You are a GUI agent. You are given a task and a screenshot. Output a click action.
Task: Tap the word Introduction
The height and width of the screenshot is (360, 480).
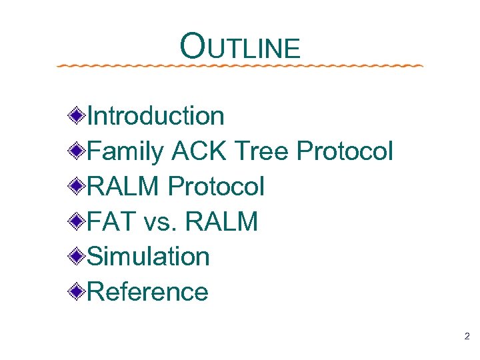point(155,116)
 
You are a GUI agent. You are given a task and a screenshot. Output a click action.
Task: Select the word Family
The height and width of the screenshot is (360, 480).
point(125,151)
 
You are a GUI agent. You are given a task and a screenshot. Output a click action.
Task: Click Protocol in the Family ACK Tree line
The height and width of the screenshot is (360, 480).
point(345,151)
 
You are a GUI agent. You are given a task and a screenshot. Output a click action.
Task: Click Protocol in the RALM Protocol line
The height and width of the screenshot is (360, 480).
point(216,186)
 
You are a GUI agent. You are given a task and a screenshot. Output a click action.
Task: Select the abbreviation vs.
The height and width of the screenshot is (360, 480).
point(162,221)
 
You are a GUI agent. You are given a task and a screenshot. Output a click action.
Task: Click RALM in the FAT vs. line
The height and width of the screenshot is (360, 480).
point(222,221)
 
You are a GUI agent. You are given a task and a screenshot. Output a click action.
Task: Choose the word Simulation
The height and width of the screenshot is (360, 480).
point(148,256)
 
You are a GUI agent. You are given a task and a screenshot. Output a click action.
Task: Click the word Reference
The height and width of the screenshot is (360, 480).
point(147,291)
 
